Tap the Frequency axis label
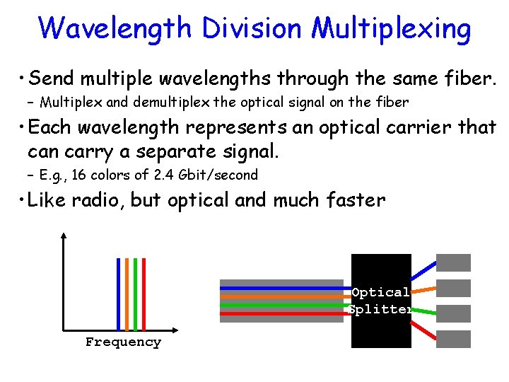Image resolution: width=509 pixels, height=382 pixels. coord(123,342)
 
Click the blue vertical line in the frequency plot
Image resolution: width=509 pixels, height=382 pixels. coord(118,294)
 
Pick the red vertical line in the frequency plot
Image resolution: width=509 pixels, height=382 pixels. coord(144,294)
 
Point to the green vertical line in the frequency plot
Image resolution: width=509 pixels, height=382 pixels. coord(135,294)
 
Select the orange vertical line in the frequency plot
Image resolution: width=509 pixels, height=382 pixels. coord(127,294)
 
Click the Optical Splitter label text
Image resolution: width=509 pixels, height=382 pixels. coord(381,301)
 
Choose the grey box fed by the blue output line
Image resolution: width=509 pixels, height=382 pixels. coord(453,262)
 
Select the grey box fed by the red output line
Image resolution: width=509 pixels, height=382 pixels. coord(453,339)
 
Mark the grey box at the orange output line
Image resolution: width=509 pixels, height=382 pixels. coord(453,288)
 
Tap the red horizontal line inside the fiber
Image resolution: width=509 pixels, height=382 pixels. coord(283,313)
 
